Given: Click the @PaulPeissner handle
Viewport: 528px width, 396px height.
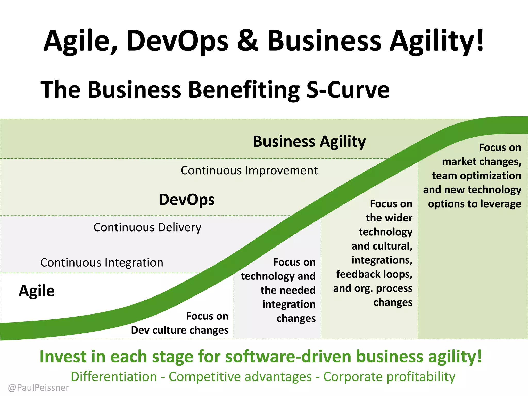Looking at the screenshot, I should tap(38, 388).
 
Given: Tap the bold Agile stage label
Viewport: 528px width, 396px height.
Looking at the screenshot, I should tap(37, 291).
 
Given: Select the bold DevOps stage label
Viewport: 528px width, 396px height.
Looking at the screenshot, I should tap(187, 200).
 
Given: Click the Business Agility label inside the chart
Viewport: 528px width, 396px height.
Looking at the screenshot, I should tap(309, 142).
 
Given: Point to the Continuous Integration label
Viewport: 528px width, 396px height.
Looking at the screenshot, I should tap(102, 263).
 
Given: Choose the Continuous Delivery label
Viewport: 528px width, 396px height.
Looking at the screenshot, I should tap(147, 228).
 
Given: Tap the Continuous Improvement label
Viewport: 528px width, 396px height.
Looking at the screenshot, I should tap(249, 170).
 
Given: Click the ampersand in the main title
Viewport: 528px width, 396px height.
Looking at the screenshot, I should tap(247, 41).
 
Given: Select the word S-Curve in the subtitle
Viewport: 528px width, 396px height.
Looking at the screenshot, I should tap(348, 90).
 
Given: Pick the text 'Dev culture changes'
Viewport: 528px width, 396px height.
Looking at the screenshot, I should tap(180, 330).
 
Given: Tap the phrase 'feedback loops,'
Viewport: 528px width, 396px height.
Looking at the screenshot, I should tap(374, 274).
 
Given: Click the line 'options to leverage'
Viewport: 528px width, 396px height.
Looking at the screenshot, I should tap(474, 204).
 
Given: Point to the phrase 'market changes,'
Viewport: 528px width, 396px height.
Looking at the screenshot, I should tap(481, 162).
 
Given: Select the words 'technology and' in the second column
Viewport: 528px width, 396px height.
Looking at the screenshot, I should tap(278, 276).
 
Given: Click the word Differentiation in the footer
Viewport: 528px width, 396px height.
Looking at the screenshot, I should tap(114, 377).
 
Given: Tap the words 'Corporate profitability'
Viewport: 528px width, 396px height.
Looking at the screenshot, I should tap(389, 377).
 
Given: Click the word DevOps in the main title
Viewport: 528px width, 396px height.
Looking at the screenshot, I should tap(177, 41).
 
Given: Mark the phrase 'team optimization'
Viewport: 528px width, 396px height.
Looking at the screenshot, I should tap(476, 176).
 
